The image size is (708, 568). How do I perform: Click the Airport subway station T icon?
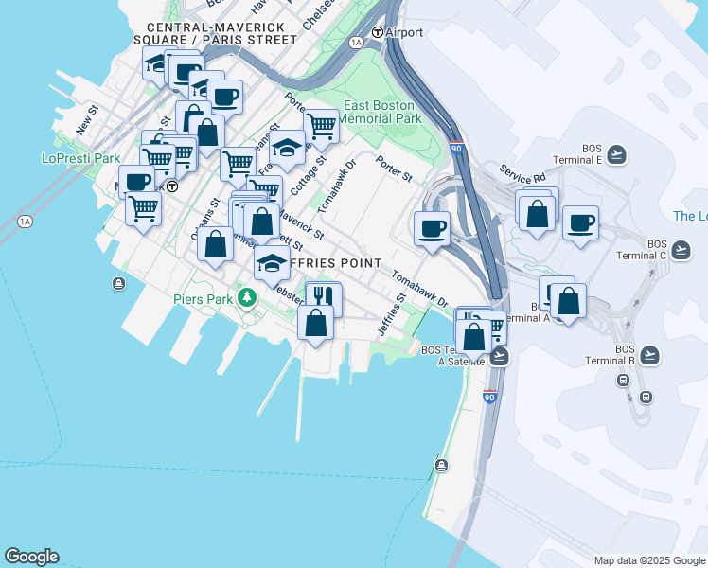(x=377, y=32)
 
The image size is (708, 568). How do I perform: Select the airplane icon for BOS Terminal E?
(x=617, y=153)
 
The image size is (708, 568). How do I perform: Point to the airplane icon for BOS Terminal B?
(x=649, y=355)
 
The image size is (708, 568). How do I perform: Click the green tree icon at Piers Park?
(x=247, y=298)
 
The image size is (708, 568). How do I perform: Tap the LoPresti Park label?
(x=80, y=159)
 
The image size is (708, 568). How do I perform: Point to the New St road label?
(x=87, y=121)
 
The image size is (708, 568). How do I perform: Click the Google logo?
(x=31, y=557)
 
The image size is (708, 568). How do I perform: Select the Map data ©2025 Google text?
(x=649, y=560)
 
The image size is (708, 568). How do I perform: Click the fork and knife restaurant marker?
(x=323, y=297)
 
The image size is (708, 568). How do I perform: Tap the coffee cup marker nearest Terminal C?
(x=580, y=224)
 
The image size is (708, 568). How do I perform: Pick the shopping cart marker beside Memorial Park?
(x=322, y=125)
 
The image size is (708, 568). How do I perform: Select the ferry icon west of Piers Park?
(x=118, y=283)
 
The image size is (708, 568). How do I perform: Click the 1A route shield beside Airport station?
(x=356, y=43)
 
